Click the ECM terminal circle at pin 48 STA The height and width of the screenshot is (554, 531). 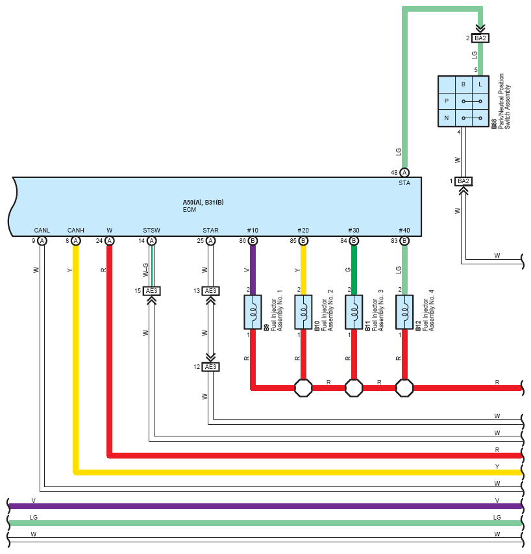(404, 172)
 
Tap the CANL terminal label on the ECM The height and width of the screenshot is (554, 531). (42, 231)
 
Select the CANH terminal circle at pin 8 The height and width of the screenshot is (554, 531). (76, 241)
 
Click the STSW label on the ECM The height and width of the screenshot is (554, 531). (151, 231)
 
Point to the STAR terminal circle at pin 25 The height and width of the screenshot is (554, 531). (210, 241)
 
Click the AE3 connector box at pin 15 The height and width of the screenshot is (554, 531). (151, 291)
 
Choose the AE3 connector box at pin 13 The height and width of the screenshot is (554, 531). (210, 291)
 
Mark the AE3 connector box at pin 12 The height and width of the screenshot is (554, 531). (210, 367)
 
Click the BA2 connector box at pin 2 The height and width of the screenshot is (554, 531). (480, 38)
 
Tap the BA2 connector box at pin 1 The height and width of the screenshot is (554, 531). (463, 181)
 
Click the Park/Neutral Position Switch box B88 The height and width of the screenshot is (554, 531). (463, 101)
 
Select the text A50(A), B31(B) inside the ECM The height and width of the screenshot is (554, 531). (203, 203)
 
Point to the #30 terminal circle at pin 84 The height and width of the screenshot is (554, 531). (354, 241)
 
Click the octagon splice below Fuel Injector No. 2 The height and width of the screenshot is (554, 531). (303, 388)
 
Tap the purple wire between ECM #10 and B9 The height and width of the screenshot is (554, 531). (253, 266)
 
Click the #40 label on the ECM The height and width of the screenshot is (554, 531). (404, 231)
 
